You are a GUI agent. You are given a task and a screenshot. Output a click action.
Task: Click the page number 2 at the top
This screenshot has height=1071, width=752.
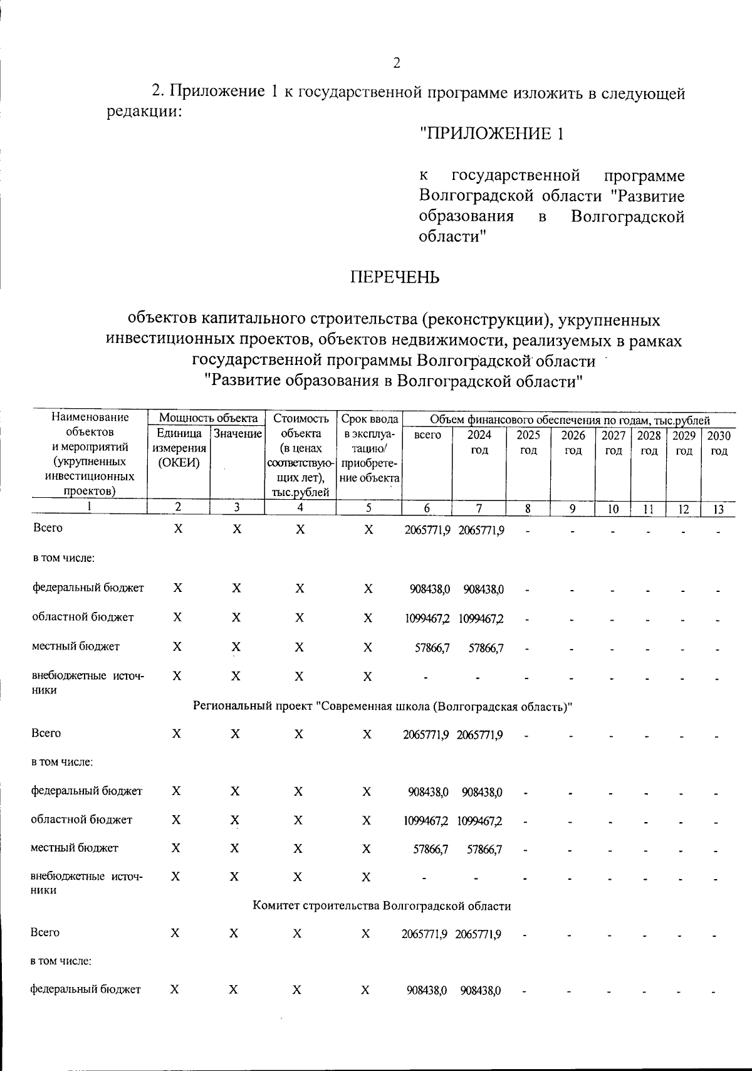pos(396,63)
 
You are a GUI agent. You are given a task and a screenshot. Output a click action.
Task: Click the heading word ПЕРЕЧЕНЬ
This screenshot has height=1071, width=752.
pos(395,277)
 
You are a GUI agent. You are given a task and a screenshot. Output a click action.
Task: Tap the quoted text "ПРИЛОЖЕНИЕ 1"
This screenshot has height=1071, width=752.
pos(492,134)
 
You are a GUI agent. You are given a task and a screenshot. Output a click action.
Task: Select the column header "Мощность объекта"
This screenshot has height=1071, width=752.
pos(208,418)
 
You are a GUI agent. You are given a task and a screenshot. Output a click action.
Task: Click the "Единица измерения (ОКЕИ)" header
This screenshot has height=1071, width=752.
pos(179,448)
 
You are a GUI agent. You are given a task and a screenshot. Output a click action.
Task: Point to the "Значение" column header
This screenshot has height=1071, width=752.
pos(238,434)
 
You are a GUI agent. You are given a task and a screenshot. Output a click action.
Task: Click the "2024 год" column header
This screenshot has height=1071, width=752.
pos(479,442)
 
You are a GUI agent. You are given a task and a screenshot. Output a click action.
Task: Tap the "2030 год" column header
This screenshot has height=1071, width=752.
pos(719,442)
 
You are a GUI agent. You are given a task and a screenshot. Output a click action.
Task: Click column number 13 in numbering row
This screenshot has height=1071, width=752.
pos(719,509)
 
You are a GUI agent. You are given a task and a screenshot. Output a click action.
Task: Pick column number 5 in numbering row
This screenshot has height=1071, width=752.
pos(368,509)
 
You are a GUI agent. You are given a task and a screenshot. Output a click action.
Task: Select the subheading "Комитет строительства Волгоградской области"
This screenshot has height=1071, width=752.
pos(382,906)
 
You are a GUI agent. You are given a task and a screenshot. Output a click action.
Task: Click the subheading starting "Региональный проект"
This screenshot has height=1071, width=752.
pos(384,707)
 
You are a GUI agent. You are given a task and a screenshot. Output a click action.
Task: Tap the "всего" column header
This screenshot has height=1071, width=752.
pos(427,435)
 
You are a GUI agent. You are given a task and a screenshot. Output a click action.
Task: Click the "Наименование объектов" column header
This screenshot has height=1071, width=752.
pos(90,453)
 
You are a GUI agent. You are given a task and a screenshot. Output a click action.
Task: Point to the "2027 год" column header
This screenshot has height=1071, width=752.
pos(614,442)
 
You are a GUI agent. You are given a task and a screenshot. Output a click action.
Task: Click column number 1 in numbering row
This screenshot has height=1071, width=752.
pos(89,507)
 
